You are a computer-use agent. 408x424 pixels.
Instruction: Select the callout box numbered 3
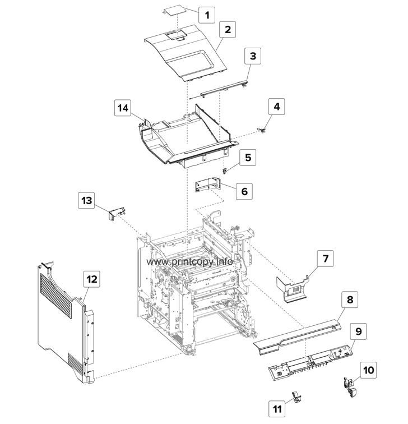click(253, 56)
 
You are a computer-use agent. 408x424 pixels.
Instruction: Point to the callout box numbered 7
click(326, 259)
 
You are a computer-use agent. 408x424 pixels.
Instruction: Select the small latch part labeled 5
click(225, 169)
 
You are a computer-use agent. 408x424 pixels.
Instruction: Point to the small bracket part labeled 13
click(116, 214)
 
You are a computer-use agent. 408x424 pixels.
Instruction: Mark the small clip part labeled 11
click(296, 398)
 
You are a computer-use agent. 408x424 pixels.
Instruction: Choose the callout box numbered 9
click(359, 331)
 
